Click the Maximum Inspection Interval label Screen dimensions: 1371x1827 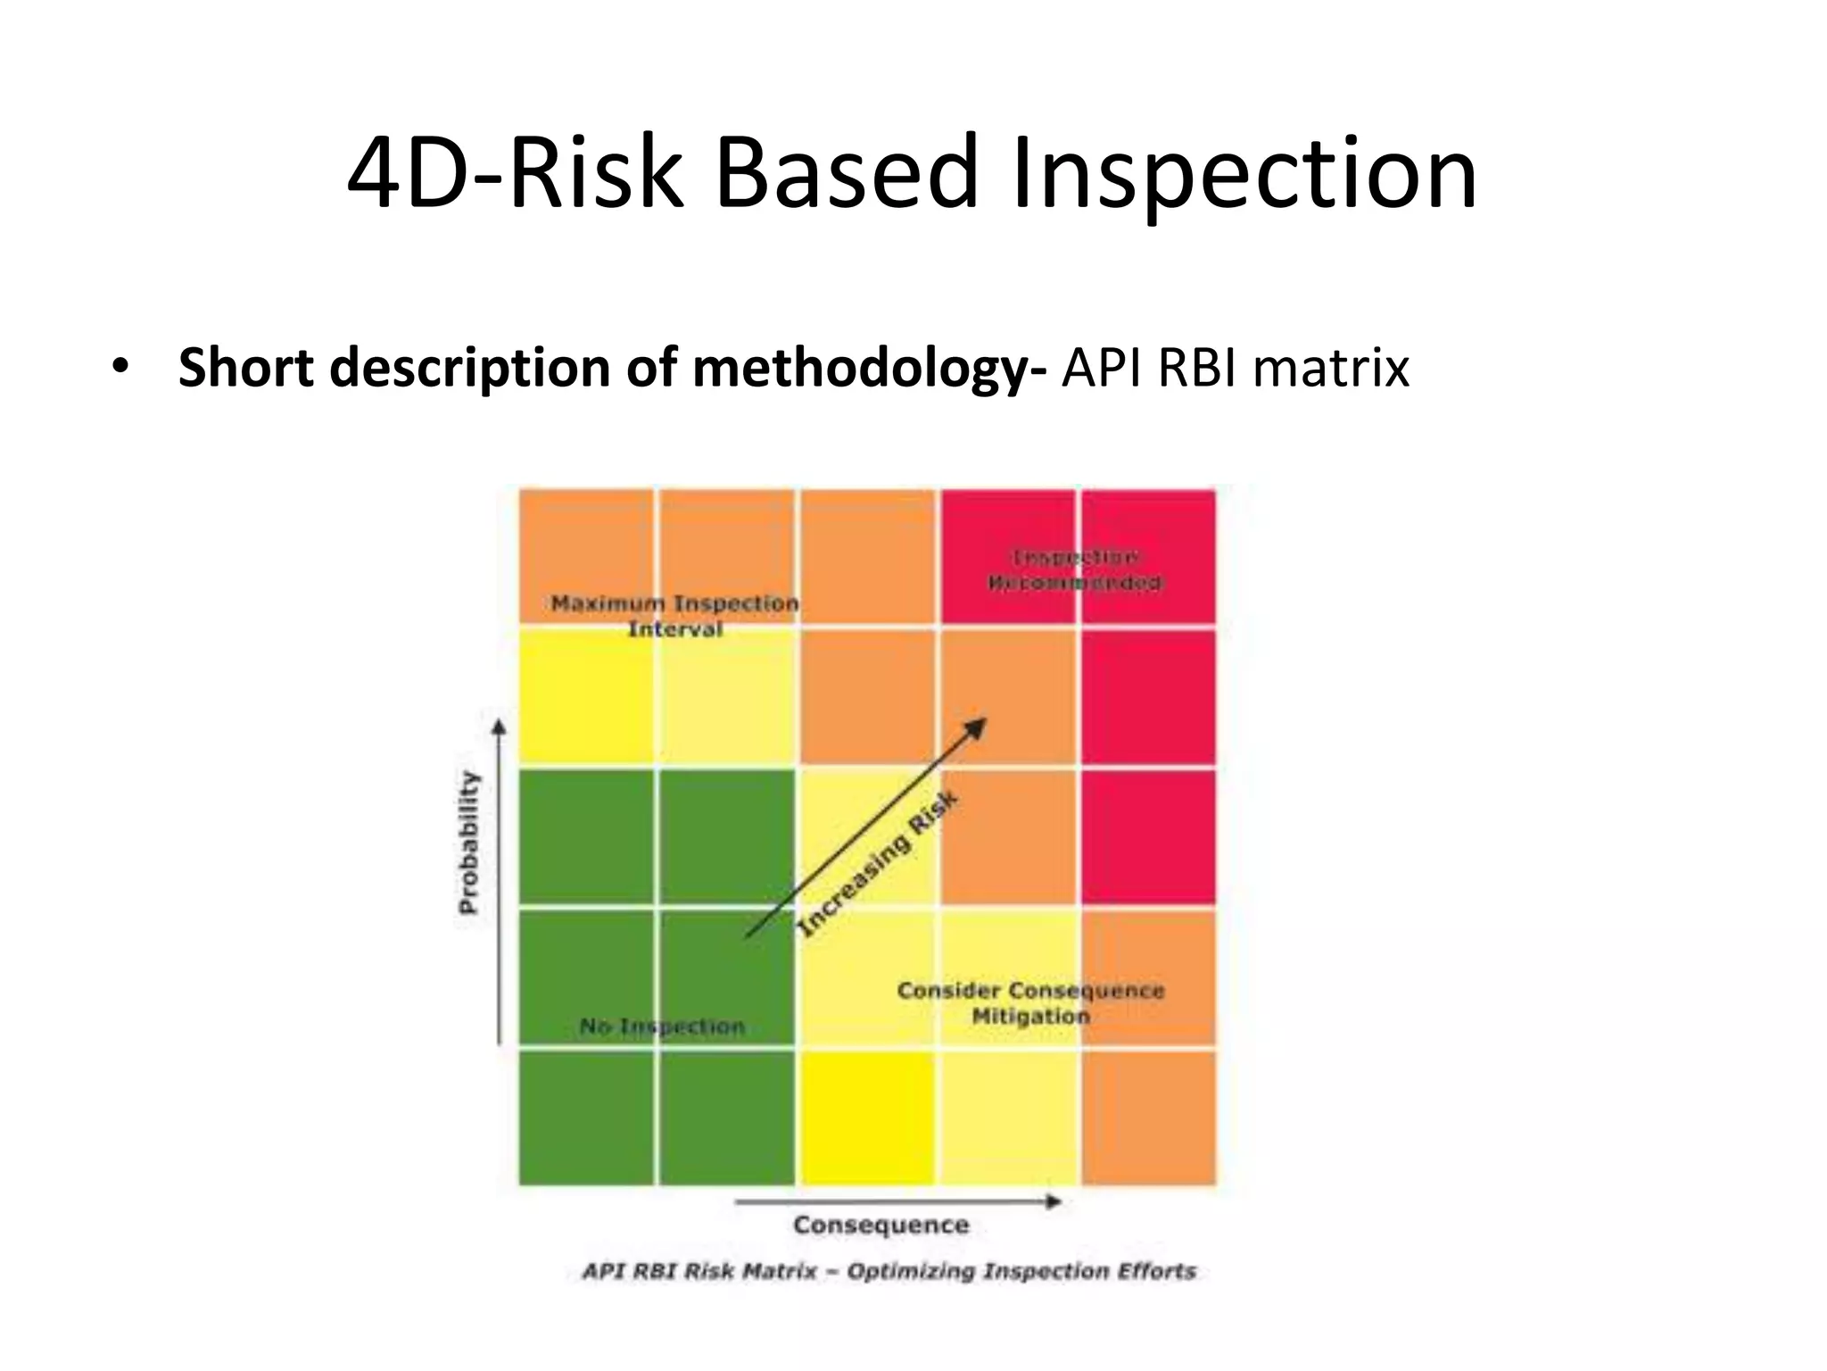675,616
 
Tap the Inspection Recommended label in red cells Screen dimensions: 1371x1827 1076,570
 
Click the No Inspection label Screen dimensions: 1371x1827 662,1026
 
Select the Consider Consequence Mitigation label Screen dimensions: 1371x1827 1031,1003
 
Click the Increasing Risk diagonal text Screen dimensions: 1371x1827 878,863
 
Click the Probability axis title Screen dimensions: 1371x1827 468,843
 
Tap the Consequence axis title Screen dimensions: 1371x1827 880,1225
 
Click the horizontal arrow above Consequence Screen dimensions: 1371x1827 897,1202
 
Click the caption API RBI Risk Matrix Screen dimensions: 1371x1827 889,1271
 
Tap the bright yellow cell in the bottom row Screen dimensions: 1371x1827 867,1118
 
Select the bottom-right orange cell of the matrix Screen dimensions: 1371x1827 1148,1118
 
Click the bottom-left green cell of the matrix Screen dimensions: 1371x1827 587,1118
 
